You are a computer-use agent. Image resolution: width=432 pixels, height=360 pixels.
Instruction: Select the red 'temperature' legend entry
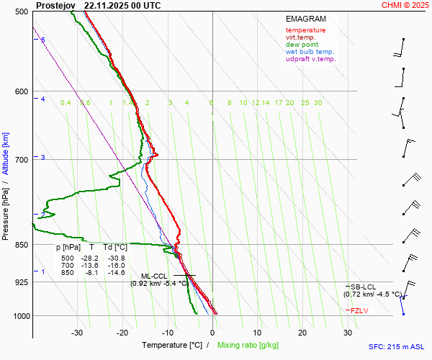pos(305,30)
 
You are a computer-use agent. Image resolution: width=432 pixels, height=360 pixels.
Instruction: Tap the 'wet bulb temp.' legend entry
pos(310,52)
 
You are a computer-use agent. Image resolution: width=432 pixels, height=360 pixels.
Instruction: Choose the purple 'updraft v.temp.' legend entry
pos(310,59)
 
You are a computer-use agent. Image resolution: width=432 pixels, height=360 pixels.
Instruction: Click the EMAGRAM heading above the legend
pos(305,19)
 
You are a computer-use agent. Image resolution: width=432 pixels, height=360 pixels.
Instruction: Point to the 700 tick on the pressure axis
pos(22,159)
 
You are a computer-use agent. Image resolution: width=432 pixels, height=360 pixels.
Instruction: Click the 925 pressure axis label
pos(22,282)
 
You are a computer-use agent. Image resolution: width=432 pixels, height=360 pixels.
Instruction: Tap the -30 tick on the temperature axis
pos(77,333)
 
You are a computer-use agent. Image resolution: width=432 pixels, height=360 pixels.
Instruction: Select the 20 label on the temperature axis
pos(303,333)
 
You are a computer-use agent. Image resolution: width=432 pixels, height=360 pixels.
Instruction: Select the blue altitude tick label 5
pos(42,40)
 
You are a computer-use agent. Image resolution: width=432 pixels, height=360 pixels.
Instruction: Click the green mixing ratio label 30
pos(318,103)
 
